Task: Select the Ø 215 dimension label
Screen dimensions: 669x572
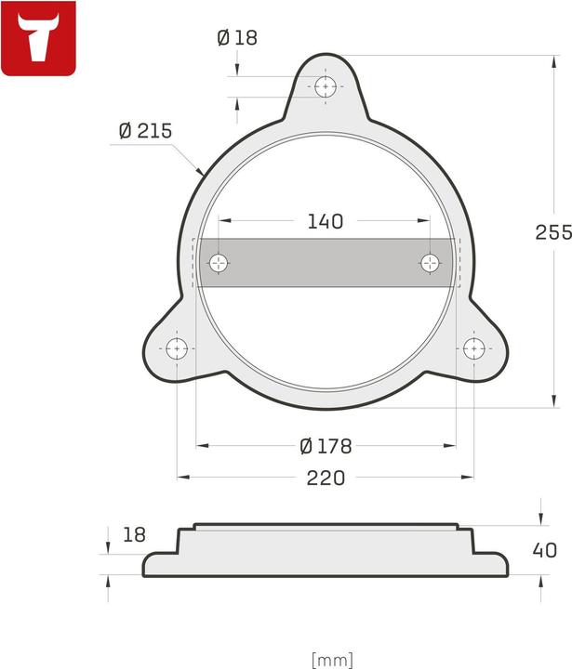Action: [x=145, y=131]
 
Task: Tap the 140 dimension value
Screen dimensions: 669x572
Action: [x=325, y=221]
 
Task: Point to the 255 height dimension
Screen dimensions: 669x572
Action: [x=552, y=232]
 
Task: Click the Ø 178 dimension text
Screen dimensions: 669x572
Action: [x=326, y=446]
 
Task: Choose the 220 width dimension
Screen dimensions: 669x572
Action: [x=326, y=478]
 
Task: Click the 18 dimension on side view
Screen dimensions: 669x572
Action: [x=135, y=534]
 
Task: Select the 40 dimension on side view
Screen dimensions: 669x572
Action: [x=545, y=550]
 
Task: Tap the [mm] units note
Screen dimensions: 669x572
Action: [x=332, y=659]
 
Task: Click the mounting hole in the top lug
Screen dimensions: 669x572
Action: [x=326, y=87]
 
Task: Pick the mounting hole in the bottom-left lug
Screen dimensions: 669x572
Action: [x=177, y=349]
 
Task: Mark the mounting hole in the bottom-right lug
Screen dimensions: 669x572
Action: [x=474, y=349]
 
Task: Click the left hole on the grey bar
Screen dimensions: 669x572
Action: [x=219, y=263]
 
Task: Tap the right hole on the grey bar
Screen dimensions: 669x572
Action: [x=431, y=263]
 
